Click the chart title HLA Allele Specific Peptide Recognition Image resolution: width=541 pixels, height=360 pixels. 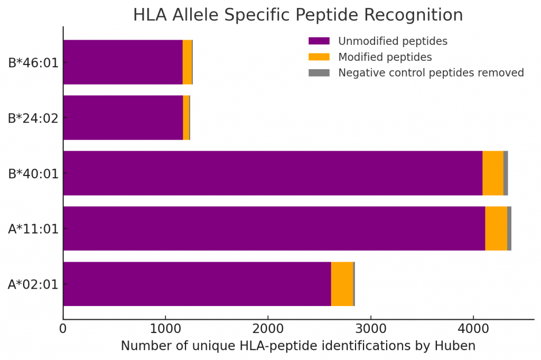298,15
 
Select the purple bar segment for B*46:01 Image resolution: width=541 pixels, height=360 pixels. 123,62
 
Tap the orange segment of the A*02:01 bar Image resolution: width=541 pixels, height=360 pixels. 342,284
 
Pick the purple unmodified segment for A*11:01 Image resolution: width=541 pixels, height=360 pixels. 274,228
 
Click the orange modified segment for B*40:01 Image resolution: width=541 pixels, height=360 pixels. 492,173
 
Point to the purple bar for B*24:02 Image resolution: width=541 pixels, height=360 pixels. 123,117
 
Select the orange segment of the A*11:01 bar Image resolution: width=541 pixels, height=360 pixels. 496,228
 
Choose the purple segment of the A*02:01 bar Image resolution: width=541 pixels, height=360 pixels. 197,284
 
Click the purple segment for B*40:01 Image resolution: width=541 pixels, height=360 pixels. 273,173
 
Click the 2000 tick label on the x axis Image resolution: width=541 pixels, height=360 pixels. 268,328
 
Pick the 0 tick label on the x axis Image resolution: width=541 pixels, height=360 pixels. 63,328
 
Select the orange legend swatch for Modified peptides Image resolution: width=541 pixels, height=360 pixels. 319,57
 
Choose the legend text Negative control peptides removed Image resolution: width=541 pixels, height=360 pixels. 431,72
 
